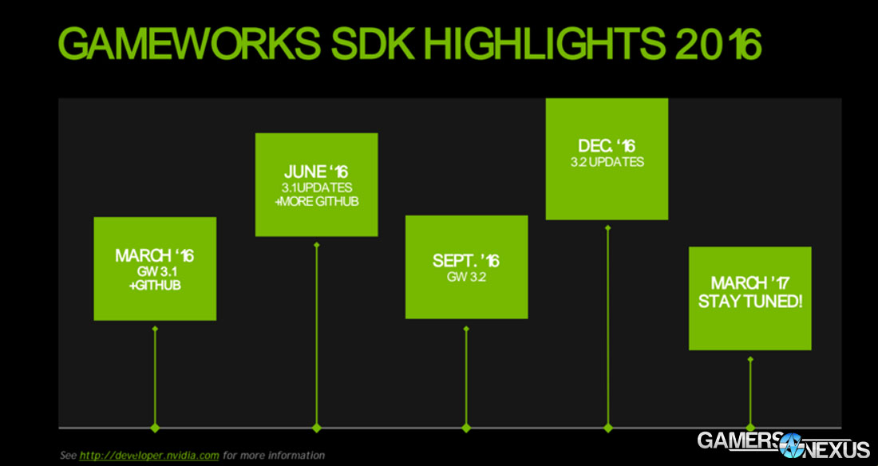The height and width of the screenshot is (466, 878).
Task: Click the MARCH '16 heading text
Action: tap(155, 256)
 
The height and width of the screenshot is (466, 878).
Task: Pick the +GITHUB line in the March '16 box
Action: tap(155, 284)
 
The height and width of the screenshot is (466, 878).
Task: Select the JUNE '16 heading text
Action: tap(316, 172)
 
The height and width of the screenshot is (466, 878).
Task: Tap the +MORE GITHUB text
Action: tap(316, 201)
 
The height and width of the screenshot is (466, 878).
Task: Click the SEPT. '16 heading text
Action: tap(466, 261)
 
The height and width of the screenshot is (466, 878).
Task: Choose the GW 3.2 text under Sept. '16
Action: tap(466, 277)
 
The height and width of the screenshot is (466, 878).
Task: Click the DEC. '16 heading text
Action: tap(607, 147)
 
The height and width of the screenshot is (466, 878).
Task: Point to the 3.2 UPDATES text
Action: tap(607, 162)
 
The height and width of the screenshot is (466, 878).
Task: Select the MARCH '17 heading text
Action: tap(749, 285)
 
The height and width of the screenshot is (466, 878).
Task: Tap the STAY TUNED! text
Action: tap(749, 302)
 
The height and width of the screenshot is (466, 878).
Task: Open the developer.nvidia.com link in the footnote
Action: tap(149, 455)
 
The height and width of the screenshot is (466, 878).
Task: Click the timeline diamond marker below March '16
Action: tap(155, 428)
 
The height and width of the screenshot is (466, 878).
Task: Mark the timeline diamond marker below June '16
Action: tap(316, 428)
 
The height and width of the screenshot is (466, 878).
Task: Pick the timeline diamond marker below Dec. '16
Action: tap(608, 428)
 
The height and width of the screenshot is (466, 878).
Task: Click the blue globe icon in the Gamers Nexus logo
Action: tap(791, 444)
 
